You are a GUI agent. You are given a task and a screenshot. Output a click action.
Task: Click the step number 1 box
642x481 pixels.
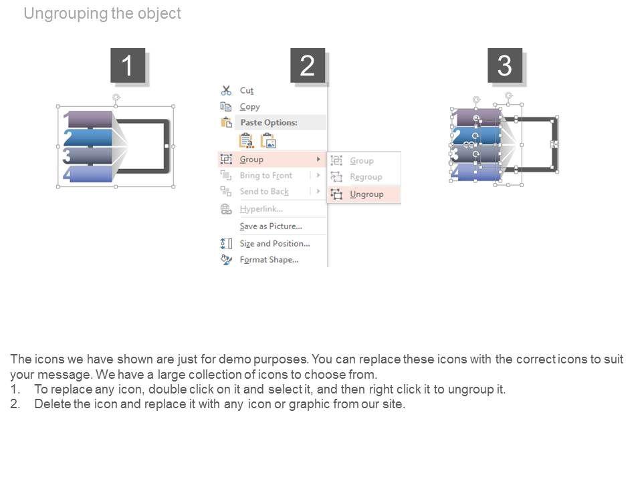click(x=128, y=65)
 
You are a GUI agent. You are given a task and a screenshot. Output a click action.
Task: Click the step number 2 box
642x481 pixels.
click(x=308, y=65)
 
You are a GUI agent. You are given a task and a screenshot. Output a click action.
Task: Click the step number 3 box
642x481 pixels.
click(x=505, y=65)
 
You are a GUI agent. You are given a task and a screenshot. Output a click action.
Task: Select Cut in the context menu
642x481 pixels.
click(x=247, y=90)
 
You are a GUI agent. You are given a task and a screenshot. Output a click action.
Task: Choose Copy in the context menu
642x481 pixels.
click(x=249, y=107)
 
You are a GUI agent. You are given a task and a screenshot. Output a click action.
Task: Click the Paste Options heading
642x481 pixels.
click(x=269, y=123)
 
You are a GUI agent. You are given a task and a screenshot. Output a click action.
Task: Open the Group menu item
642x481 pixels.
click(x=252, y=160)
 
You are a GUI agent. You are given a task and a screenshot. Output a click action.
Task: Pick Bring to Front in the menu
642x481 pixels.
click(x=265, y=176)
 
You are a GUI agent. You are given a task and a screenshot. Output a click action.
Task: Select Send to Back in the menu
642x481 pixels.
click(x=264, y=192)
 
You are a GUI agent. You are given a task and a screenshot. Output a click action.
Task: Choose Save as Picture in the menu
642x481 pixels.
click(x=271, y=226)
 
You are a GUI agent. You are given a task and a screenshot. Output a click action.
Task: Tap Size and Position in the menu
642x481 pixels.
click(x=274, y=244)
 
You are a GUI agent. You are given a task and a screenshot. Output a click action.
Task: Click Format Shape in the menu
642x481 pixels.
click(x=269, y=260)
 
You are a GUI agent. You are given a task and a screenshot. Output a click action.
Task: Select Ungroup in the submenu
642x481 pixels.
click(x=366, y=194)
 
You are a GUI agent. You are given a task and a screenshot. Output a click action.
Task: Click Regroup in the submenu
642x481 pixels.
click(x=366, y=177)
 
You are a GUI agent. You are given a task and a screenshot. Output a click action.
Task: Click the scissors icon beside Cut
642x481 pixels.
click(x=226, y=90)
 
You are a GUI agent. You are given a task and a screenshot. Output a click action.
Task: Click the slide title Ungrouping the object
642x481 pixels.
click(x=102, y=13)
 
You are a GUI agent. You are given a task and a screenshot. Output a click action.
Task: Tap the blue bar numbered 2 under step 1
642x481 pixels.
click(x=90, y=138)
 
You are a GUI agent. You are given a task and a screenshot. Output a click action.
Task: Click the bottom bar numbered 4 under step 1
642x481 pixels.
click(x=90, y=174)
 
